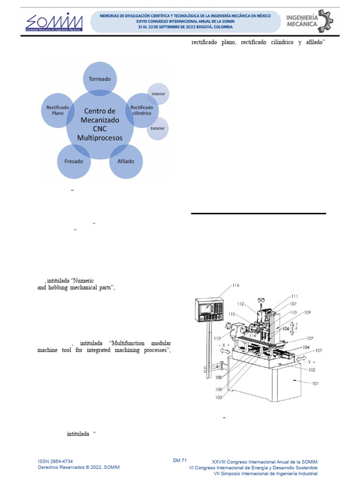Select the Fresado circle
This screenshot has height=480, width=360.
point(74,161)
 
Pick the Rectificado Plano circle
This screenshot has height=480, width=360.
point(58,110)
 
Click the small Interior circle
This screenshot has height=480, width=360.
point(158,94)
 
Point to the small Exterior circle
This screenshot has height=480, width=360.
point(157,128)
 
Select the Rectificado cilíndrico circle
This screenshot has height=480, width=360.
point(141,111)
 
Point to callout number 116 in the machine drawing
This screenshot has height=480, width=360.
point(235,285)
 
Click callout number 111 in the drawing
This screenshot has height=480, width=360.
point(294,296)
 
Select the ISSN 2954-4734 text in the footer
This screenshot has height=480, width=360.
point(55,461)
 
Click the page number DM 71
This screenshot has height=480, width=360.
point(180,461)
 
